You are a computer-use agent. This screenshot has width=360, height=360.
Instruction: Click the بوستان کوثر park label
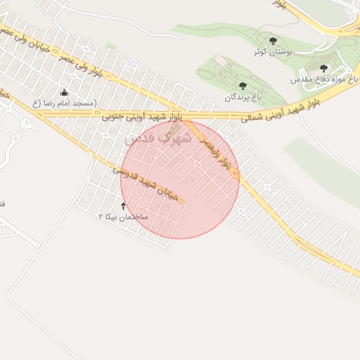(273, 52)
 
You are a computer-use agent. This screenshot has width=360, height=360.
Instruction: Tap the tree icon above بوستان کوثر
(273, 41)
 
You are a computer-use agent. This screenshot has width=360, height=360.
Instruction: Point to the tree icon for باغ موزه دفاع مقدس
(323, 68)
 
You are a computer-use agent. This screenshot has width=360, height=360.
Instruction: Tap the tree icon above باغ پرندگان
(243, 86)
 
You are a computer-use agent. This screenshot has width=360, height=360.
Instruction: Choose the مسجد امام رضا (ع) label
(64, 103)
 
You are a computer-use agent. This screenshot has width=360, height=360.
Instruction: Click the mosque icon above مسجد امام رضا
(64, 92)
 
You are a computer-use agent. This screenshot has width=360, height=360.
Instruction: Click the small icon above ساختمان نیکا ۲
(124, 206)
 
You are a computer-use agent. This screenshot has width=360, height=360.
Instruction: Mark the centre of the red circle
(180, 179)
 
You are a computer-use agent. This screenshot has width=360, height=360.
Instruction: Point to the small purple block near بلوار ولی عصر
(132, 63)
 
